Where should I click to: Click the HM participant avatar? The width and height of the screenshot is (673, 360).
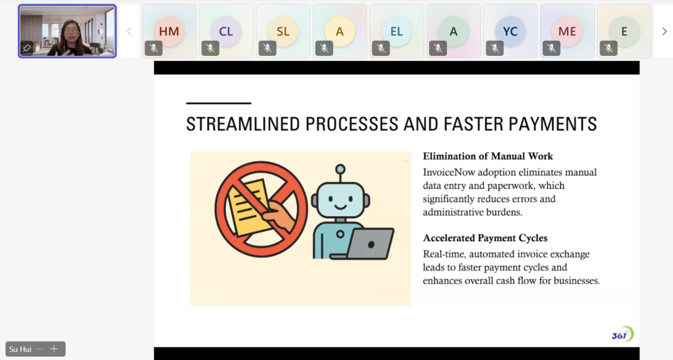(169, 32)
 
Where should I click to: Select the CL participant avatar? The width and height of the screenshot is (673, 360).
(226, 32)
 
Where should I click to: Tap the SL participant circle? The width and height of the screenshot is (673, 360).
(283, 32)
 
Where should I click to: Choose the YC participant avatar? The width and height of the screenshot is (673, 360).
(510, 32)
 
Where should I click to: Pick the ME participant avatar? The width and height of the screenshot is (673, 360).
(567, 32)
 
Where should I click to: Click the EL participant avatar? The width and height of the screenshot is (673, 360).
(396, 32)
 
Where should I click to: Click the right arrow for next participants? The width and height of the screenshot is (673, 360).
(664, 32)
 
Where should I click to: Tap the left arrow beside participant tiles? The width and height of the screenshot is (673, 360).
(129, 32)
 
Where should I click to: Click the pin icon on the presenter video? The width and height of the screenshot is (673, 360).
(26, 48)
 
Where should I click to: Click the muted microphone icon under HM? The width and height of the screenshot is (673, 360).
(154, 49)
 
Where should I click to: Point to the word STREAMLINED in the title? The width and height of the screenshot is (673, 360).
(243, 124)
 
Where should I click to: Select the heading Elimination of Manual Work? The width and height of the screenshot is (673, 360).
(488, 156)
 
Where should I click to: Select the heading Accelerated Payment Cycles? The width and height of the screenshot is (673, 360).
(486, 238)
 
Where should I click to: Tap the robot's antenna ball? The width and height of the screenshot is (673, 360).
(340, 169)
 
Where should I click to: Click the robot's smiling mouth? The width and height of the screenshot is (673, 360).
(340, 207)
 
